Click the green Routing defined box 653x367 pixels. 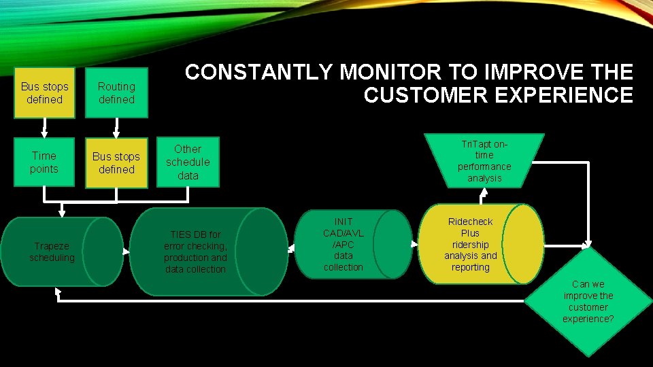coord(116,93)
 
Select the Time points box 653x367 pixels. coord(44,162)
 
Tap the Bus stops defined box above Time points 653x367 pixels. coord(44,93)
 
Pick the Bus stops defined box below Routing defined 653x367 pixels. coord(116,163)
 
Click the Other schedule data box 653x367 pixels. coord(188,162)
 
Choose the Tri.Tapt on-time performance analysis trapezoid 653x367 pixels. coord(484,161)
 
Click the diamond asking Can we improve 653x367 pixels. coord(588,301)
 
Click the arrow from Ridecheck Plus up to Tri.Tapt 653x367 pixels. coord(484,196)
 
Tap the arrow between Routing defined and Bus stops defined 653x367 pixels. coord(116,127)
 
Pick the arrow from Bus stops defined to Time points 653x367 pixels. coord(44,127)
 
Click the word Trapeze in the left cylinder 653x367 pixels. coord(52,246)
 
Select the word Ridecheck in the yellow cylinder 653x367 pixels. coord(470,222)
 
